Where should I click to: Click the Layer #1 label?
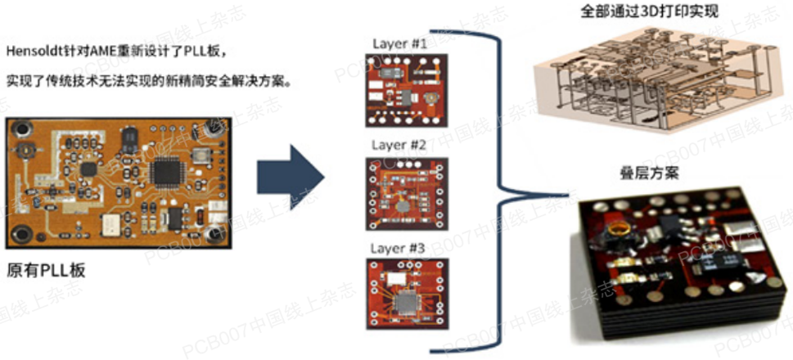399,44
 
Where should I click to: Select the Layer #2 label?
399,145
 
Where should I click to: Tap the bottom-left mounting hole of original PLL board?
24,236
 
